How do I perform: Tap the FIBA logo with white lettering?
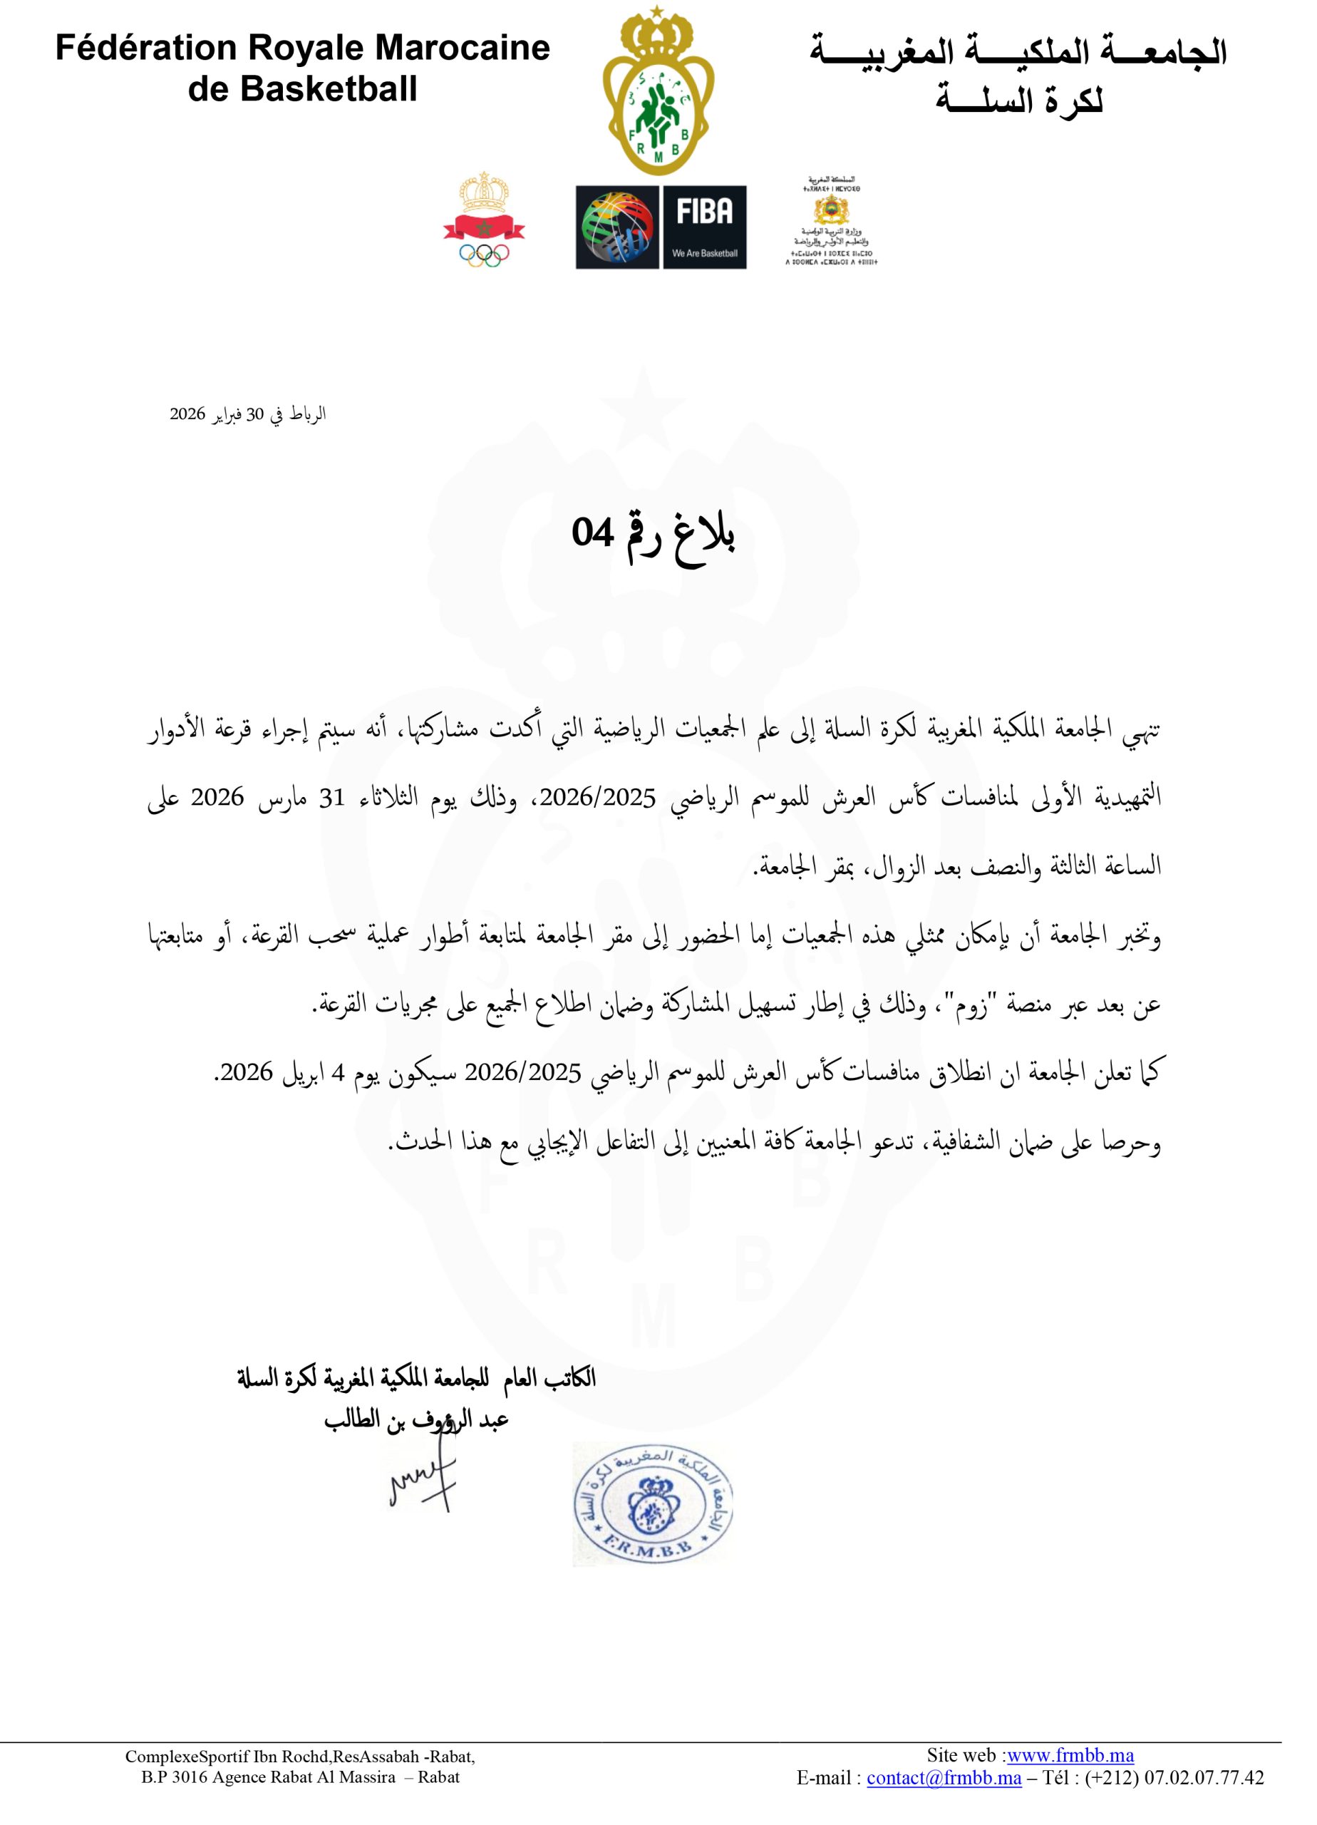pyautogui.click(x=704, y=212)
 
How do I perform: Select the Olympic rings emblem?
pyautogui.click(x=485, y=255)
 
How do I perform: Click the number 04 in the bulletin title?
pyautogui.click(x=593, y=532)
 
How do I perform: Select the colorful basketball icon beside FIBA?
pyautogui.click(x=616, y=227)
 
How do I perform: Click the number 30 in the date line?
pyautogui.click(x=255, y=414)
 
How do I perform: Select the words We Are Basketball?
pyautogui.click(x=704, y=252)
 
